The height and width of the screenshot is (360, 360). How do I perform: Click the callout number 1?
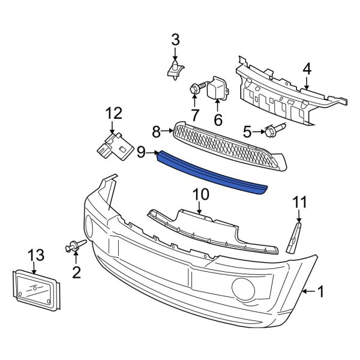click(320, 292)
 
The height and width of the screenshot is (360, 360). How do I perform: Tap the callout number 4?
click(307, 70)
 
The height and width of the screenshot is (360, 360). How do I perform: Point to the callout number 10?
click(200, 194)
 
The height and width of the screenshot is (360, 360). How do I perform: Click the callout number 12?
click(113, 113)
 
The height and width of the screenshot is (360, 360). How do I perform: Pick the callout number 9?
click(141, 153)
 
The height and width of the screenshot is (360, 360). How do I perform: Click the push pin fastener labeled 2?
click(74, 245)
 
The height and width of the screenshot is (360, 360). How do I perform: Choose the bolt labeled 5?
click(277, 128)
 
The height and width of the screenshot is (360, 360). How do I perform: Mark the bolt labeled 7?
click(194, 89)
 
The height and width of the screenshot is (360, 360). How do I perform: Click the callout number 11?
click(299, 202)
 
